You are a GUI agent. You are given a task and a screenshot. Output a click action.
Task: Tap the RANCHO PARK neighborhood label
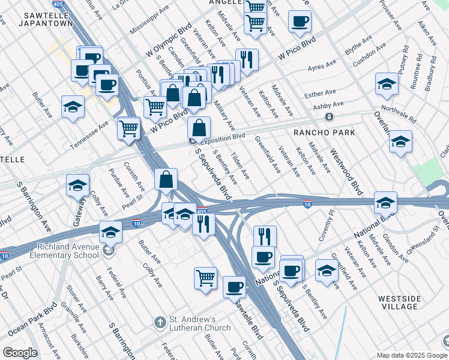click(324, 132)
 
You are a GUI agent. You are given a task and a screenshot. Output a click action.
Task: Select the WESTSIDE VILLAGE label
click(398, 302)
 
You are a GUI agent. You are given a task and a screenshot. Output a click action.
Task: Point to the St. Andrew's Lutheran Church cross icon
click(160, 323)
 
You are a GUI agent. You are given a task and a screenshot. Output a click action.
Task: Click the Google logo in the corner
click(20, 353)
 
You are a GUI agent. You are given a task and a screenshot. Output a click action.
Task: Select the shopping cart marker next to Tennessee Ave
click(129, 128)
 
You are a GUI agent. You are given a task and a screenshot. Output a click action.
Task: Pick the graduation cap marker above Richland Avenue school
click(110, 231)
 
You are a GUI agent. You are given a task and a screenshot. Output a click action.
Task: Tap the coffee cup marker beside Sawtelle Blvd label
click(234, 286)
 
